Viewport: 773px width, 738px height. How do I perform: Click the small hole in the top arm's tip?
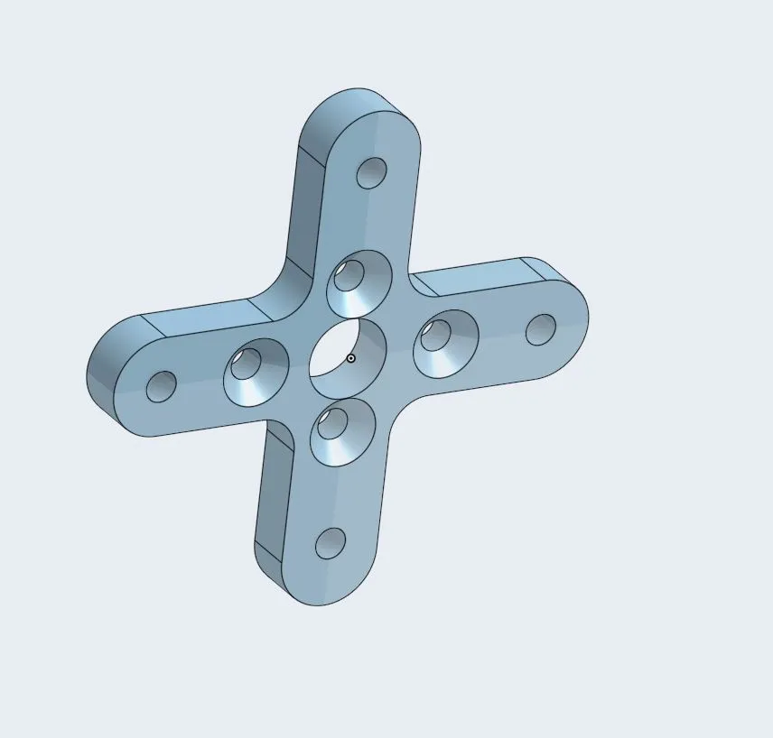point(371,173)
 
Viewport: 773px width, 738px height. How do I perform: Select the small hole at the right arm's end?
point(541,329)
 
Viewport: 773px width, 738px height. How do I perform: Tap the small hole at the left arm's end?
point(162,387)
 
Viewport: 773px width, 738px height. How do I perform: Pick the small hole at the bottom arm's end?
point(331,543)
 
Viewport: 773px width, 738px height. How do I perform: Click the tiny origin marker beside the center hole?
point(351,358)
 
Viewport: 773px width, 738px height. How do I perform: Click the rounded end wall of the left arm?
point(101,379)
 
